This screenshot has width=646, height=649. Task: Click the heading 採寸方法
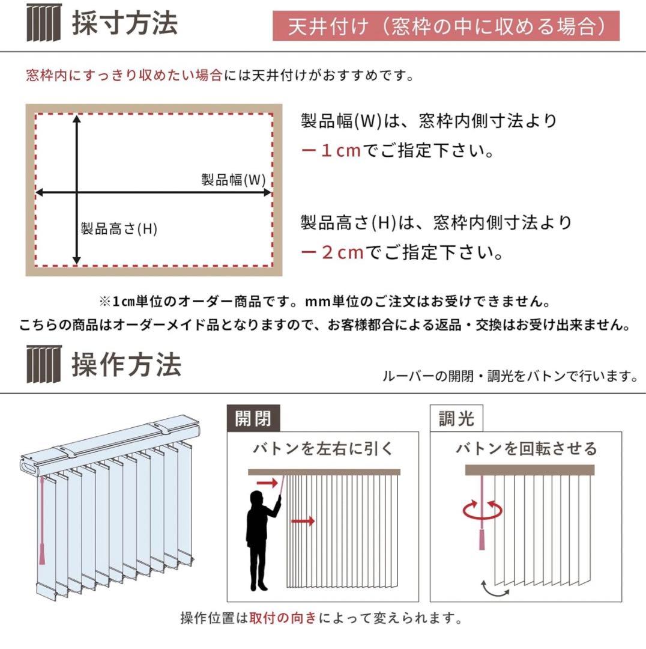[x=124, y=24]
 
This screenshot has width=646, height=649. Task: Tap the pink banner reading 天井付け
[x=445, y=26]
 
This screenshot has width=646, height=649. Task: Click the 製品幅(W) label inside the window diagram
[x=233, y=180]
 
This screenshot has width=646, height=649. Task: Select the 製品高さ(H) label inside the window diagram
[x=119, y=228]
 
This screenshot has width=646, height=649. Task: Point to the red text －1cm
[x=331, y=150]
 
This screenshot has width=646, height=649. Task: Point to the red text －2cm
[x=332, y=252]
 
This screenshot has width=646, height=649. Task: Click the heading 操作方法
[x=125, y=365]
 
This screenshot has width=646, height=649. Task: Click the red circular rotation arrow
[x=481, y=511]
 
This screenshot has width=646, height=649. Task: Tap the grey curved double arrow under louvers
[x=494, y=588]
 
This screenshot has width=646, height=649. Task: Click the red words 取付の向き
[x=283, y=618]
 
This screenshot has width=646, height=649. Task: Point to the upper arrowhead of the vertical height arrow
[x=77, y=120]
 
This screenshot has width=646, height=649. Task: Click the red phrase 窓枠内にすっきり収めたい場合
[x=124, y=76]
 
